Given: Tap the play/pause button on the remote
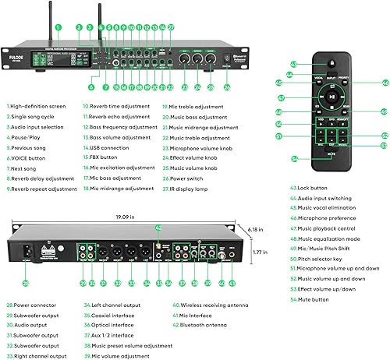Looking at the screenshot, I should [331, 97].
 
